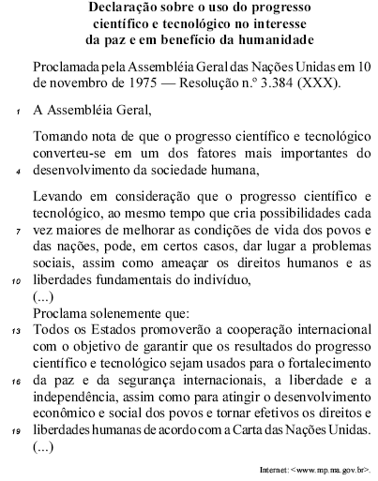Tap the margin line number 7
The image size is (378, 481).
tap(19, 229)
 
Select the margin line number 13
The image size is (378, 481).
tap(18, 332)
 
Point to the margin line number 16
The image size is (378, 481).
tap(18, 383)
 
